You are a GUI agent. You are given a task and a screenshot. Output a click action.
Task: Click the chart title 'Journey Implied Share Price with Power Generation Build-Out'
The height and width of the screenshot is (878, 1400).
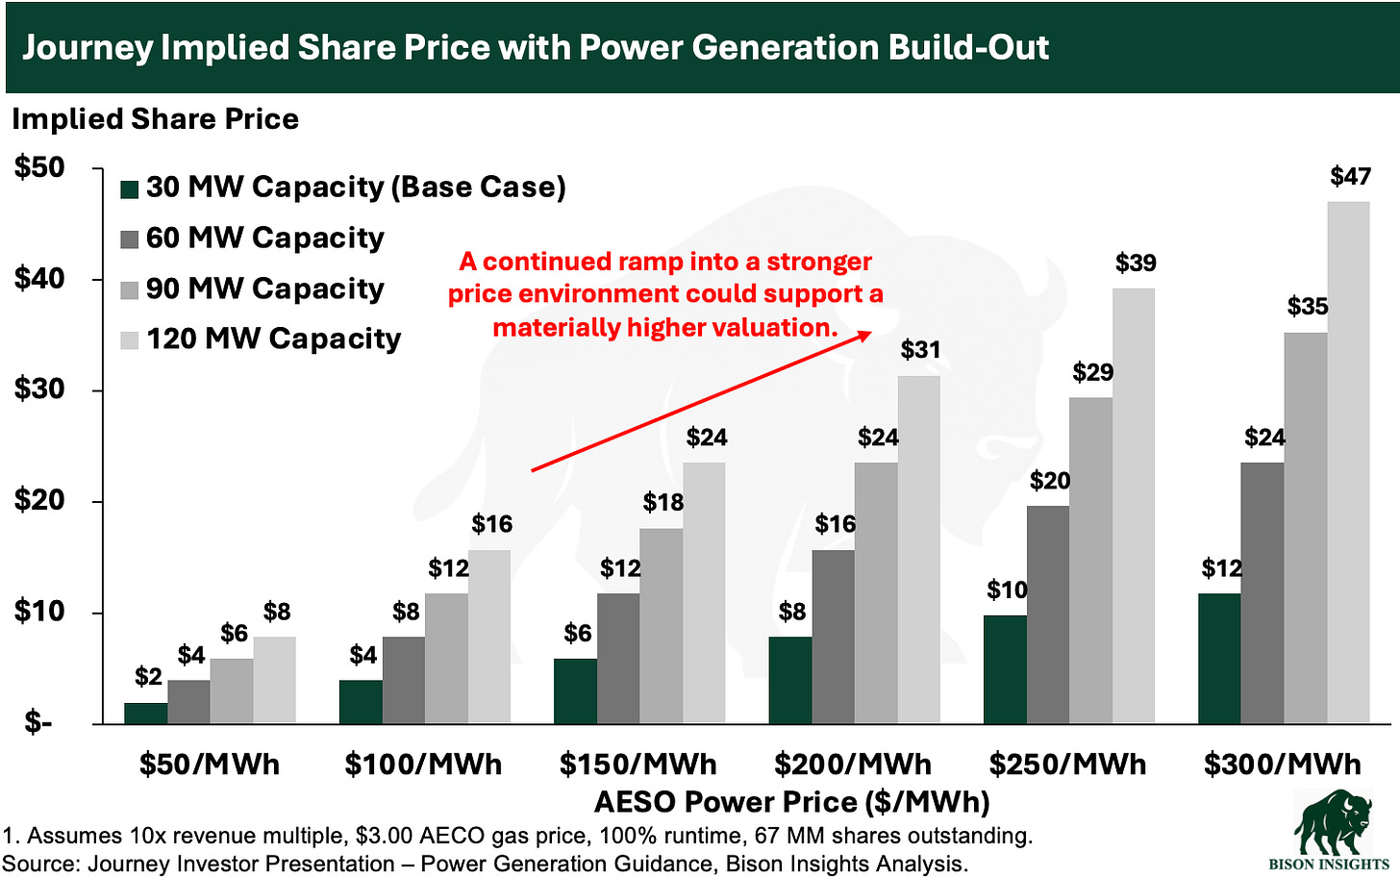(x=535, y=47)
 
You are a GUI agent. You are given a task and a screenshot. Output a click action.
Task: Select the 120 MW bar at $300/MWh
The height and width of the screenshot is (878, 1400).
(x=1348, y=462)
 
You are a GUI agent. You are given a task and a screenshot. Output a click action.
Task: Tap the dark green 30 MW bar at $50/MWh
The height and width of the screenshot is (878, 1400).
(x=146, y=713)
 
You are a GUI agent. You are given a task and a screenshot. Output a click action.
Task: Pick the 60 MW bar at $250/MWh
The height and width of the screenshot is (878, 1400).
(x=1048, y=615)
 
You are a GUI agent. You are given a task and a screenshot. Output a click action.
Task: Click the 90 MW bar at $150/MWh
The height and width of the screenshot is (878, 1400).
(x=662, y=625)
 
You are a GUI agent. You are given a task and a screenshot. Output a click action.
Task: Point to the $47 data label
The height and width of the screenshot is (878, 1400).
(x=1350, y=176)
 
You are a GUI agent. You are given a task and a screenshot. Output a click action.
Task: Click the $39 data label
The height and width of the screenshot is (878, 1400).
(x=1136, y=263)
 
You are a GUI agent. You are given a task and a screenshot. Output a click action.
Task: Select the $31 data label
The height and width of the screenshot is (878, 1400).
(x=920, y=350)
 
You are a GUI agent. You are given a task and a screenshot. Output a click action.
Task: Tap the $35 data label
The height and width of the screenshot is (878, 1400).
(x=1308, y=307)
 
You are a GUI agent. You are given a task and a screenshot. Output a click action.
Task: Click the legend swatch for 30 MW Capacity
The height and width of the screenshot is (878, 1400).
(x=130, y=188)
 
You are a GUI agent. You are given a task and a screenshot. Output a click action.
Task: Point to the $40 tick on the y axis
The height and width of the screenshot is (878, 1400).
(x=39, y=279)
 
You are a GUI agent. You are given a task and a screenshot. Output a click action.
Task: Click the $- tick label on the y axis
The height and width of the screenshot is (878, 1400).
(x=38, y=722)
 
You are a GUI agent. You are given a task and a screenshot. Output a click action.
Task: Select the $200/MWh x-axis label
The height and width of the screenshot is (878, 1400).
(x=853, y=765)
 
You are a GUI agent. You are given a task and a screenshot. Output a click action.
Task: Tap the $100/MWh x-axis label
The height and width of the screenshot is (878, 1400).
(x=423, y=765)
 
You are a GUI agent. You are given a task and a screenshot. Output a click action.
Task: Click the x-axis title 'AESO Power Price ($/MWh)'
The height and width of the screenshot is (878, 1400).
(x=791, y=802)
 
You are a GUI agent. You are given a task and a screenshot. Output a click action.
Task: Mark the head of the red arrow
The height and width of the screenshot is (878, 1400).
(x=869, y=333)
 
